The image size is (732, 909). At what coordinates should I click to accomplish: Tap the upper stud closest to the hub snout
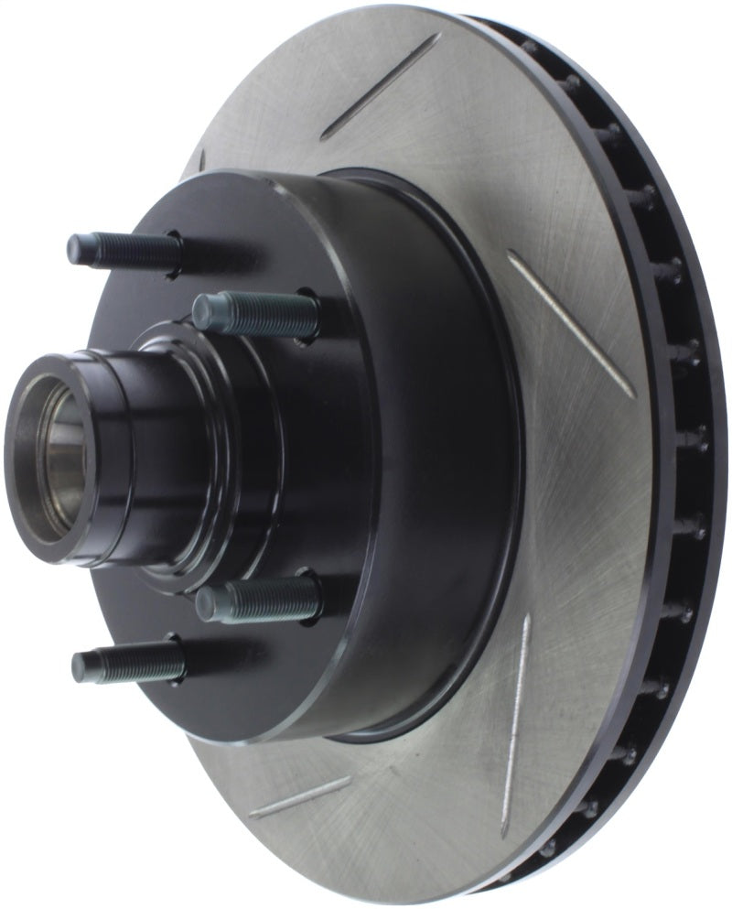[x=256, y=314]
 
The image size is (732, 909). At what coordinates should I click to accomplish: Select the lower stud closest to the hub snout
[x=259, y=601]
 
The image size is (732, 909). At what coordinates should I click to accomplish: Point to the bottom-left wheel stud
[x=128, y=662]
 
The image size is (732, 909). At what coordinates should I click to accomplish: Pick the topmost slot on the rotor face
[x=380, y=86]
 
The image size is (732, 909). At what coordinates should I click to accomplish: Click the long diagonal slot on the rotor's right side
[x=571, y=324]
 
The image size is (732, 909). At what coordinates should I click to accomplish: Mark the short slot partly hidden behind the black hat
[x=200, y=160]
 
